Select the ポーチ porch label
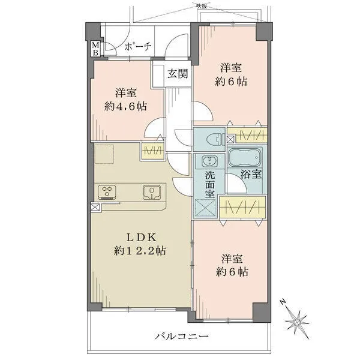(x=137, y=47)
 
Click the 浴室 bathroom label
(x=250, y=176)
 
